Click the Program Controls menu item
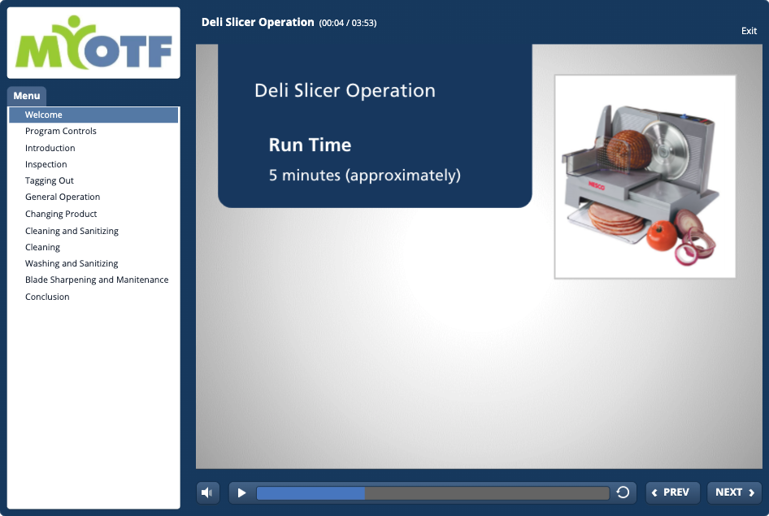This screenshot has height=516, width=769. pyautogui.click(x=61, y=132)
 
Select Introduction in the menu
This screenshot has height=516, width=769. pyautogui.click(x=50, y=148)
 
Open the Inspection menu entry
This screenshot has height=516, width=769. pyautogui.click(x=46, y=164)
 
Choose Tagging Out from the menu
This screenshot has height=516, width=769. pyautogui.click(x=50, y=181)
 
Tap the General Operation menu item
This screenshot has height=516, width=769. pyautogui.click(x=63, y=197)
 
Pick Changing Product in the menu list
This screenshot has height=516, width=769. pyautogui.click(x=61, y=215)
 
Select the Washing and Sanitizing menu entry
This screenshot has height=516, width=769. pyautogui.click(x=72, y=263)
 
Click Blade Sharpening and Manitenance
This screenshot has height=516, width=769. pyautogui.click(x=97, y=280)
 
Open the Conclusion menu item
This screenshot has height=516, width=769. pyautogui.click(x=47, y=297)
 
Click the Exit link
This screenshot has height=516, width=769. pyautogui.click(x=749, y=31)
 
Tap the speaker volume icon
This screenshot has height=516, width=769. pyautogui.click(x=207, y=492)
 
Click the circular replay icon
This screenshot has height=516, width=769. pyautogui.click(x=623, y=492)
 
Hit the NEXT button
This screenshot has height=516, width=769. pyautogui.click(x=734, y=492)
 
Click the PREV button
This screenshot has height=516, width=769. pyautogui.click(x=672, y=492)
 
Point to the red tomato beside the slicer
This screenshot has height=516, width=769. pyautogui.click(x=662, y=236)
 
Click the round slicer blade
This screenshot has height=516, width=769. pyautogui.click(x=664, y=148)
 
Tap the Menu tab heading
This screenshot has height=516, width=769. pyautogui.click(x=27, y=96)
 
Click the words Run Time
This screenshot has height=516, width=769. pyautogui.click(x=310, y=145)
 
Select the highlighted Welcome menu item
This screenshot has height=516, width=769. pyautogui.click(x=93, y=115)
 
